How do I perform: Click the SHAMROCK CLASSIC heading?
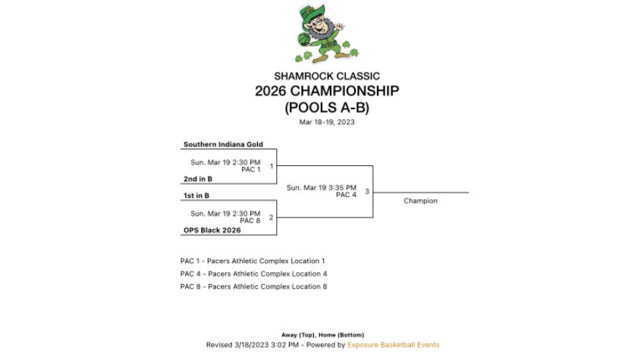pos(326,76)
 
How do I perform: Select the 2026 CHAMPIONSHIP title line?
pos(326,92)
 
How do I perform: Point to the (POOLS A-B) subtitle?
pos(326,108)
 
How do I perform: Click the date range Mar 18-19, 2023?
pos(326,122)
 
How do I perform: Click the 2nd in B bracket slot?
pos(197,179)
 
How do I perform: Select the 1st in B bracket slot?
pos(196,196)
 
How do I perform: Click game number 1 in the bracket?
pos(271,166)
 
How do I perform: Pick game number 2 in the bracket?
pos(271,218)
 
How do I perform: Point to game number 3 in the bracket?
pos(366,192)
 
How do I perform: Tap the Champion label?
pos(420,201)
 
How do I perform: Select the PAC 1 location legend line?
pos(253,261)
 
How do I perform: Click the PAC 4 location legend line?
pos(253,274)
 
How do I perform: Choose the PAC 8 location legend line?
pos(253,286)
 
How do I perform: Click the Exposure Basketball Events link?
pos(393,345)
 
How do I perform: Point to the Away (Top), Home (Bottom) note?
pos(322,335)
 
